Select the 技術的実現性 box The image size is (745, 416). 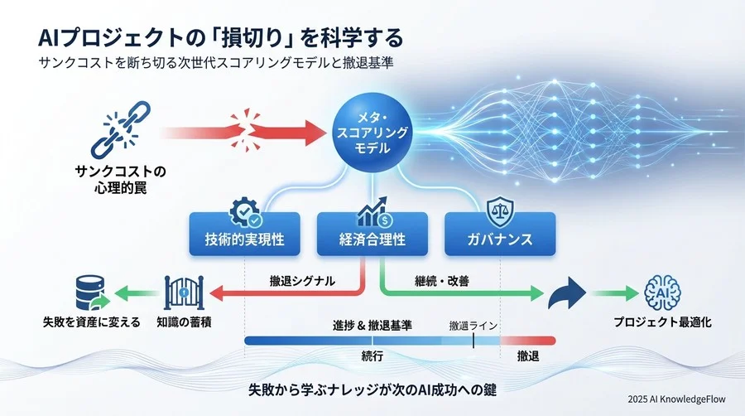(x=244, y=239)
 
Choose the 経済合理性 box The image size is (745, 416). (x=372, y=239)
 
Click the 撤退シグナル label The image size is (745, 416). (x=302, y=281)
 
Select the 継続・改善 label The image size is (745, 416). (x=441, y=281)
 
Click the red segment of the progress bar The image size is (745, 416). (x=527, y=340)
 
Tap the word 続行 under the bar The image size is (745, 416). (x=372, y=355)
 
